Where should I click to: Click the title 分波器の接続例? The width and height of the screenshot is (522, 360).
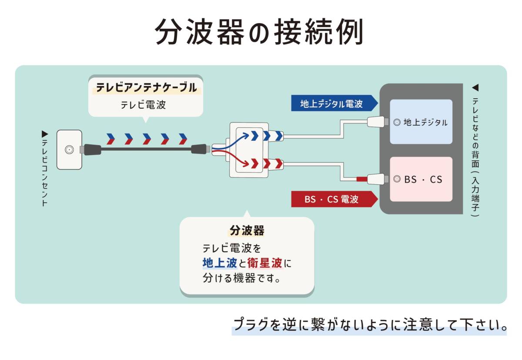pyautogui.click(x=259, y=32)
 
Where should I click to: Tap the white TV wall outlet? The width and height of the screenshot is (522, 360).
pyautogui.click(x=69, y=150)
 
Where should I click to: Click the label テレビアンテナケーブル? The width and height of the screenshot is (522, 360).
pyautogui.click(x=146, y=87)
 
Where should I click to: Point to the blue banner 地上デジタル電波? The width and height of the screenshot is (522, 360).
pyautogui.click(x=331, y=103)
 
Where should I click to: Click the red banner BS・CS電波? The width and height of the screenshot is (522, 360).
pyautogui.click(x=331, y=199)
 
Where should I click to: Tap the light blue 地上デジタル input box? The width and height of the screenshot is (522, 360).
pyautogui.click(x=421, y=122)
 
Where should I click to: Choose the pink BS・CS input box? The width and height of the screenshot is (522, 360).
pyautogui.click(x=421, y=179)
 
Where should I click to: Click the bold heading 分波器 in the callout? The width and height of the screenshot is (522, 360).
pyautogui.click(x=247, y=230)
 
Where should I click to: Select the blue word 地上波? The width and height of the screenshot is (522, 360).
pyautogui.click(x=220, y=263)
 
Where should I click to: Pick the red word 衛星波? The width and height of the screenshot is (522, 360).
pyautogui.click(x=265, y=263)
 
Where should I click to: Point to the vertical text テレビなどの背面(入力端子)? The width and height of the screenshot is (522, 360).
pyautogui.click(x=475, y=150)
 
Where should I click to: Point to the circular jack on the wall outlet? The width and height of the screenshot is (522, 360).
pyautogui.click(x=69, y=150)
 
